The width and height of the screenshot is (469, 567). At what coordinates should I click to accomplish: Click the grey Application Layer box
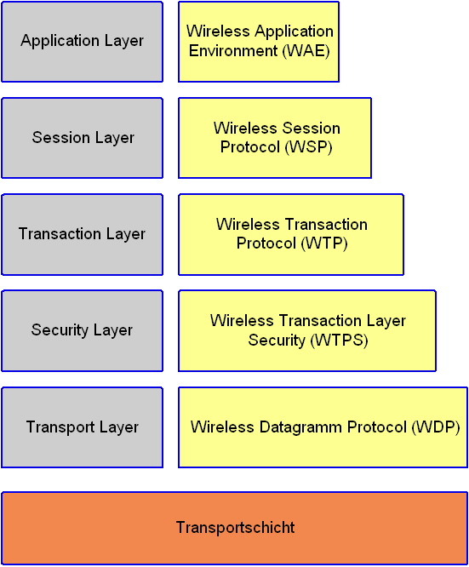pyautogui.click(x=82, y=42)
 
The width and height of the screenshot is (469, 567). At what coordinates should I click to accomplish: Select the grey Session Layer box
pyautogui.click(x=82, y=138)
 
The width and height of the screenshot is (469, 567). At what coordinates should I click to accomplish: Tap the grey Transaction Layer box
pyautogui.click(x=82, y=234)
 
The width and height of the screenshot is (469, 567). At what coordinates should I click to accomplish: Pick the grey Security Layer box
pyautogui.click(x=82, y=330)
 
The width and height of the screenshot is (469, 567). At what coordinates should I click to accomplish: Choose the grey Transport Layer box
pyautogui.click(x=82, y=427)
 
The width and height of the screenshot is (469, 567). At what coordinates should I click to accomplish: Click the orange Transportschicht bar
pyautogui.click(x=235, y=528)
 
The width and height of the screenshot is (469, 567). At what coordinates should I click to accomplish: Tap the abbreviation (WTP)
pyautogui.click(x=324, y=243)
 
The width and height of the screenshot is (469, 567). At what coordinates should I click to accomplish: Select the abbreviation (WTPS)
pyautogui.click(x=339, y=341)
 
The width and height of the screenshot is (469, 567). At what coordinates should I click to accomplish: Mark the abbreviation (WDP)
pyautogui.click(x=436, y=427)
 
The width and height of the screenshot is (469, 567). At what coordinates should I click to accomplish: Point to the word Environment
pyautogui.click(x=233, y=50)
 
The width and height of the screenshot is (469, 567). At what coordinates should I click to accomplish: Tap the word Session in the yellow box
pyautogui.click(x=311, y=129)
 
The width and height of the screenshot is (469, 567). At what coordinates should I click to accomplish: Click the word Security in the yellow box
pyautogui.click(x=277, y=341)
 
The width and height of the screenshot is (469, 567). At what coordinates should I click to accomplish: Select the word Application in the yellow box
pyautogui.click(x=294, y=31)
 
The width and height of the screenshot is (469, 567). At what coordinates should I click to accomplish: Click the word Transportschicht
pyautogui.click(x=236, y=528)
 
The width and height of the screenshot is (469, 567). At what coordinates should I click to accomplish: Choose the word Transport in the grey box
pyautogui.click(x=60, y=427)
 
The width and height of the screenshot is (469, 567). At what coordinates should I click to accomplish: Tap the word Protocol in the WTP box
pyautogui.click(x=266, y=243)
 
